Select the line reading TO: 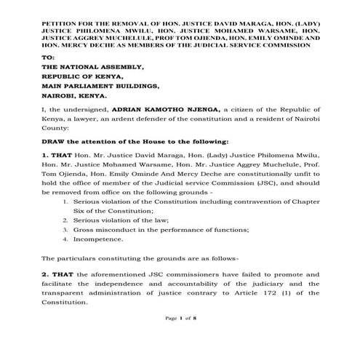point(48,56)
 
